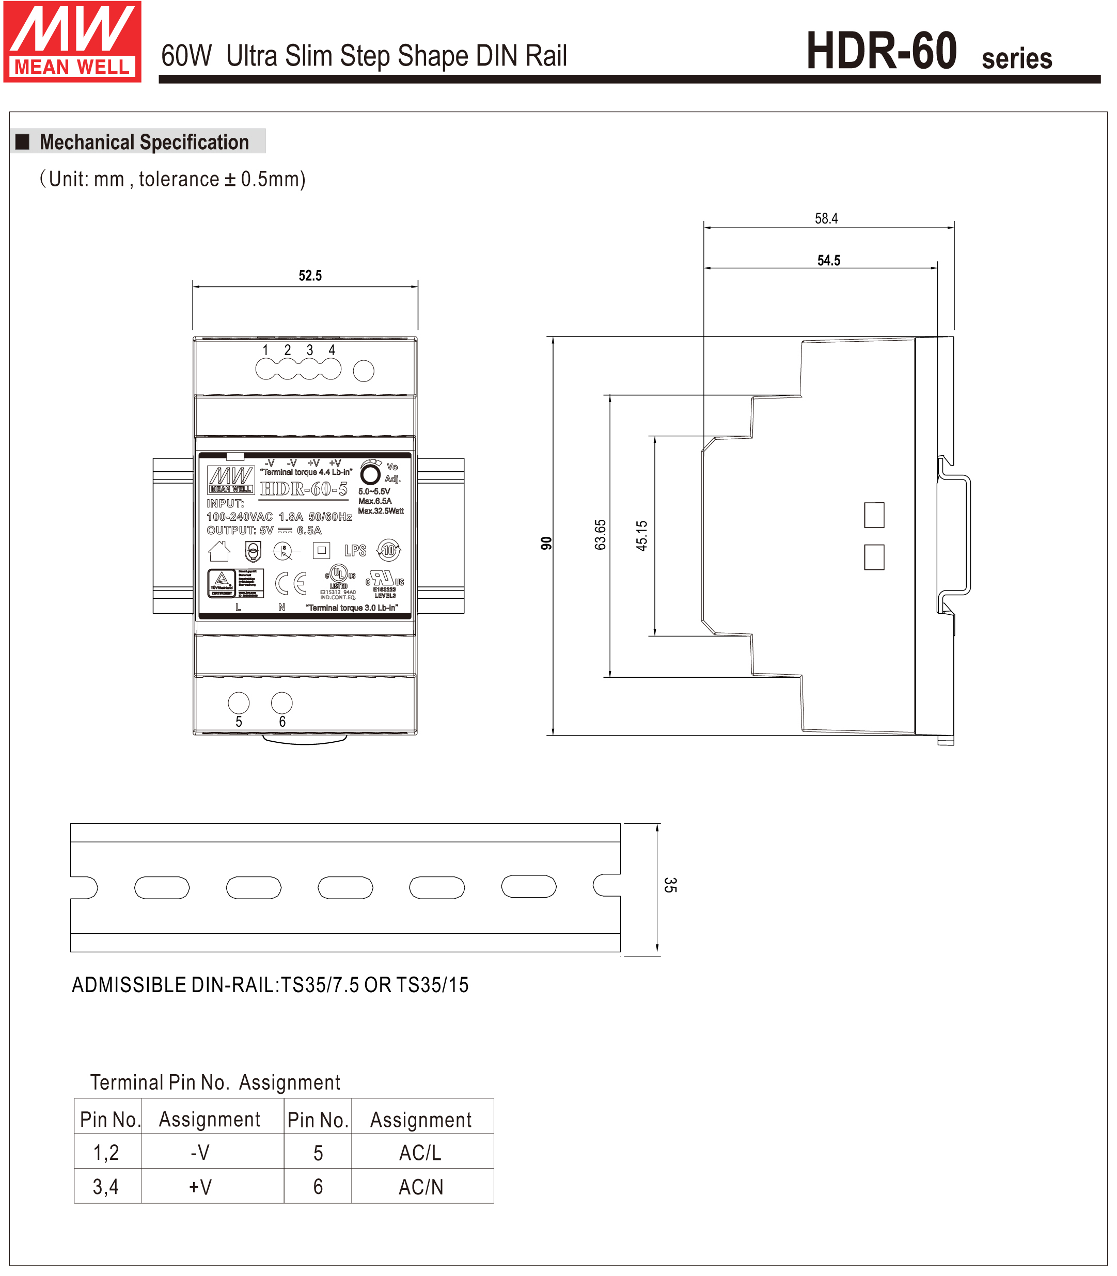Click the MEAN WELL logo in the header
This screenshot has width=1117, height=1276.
(72, 42)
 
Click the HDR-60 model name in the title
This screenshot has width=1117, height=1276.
(881, 51)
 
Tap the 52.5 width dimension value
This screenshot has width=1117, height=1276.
(310, 276)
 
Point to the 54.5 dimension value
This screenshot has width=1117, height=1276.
(828, 261)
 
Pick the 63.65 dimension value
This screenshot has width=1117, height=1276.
(600, 535)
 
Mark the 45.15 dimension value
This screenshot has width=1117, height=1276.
(641, 536)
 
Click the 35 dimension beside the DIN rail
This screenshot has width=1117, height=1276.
(670, 885)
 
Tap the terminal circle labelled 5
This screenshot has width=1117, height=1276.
(239, 703)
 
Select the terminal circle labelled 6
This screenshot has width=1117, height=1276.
(282, 703)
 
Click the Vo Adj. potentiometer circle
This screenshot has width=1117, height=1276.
(370, 474)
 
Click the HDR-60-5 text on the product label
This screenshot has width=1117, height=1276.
(304, 489)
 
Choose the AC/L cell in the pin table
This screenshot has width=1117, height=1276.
(421, 1153)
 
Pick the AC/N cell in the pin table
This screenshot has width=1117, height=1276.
(421, 1187)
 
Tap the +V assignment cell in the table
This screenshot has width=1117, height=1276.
(200, 1187)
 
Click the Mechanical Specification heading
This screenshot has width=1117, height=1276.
(144, 142)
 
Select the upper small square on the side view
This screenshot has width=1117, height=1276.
(874, 515)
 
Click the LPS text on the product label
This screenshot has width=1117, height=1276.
(355, 551)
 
